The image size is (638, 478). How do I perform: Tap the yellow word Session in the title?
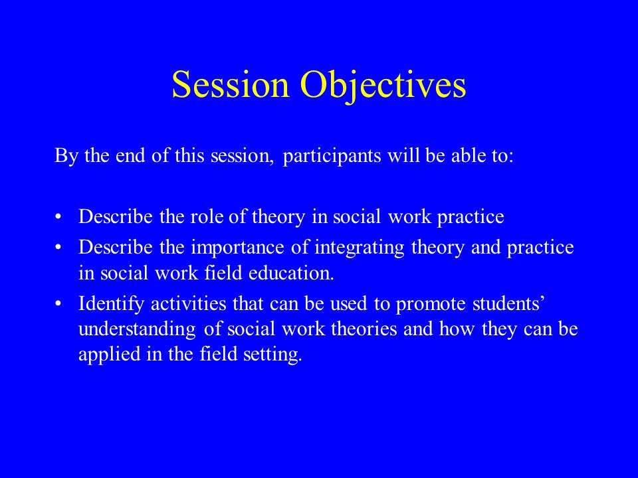click(231, 84)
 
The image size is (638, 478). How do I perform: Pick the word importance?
click(238, 248)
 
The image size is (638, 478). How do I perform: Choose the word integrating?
click(360, 248)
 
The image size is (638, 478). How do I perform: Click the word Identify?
click(111, 304)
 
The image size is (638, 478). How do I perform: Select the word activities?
click(188, 303)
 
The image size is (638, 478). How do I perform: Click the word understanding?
click(137, 329)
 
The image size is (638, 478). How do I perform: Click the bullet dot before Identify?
click(58, 304)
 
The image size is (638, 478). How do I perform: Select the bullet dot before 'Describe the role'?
click(58, 216)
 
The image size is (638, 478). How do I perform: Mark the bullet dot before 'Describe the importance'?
click(58, 248)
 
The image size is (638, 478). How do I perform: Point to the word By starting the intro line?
click(66, 156)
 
